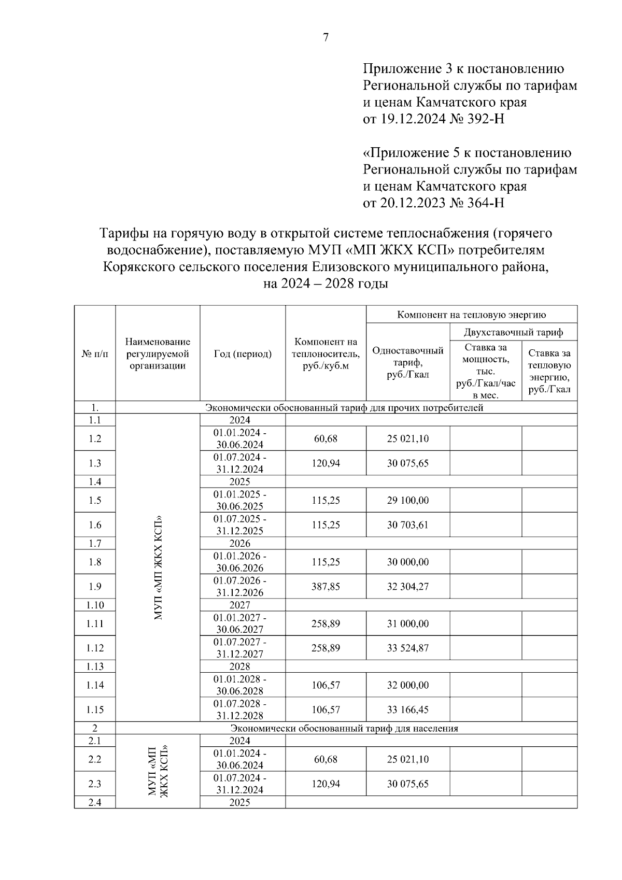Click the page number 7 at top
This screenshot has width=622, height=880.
(x=326, y=37)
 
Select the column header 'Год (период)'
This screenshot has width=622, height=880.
(x=243, y=354)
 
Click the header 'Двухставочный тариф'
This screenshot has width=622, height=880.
(x=513, y=332)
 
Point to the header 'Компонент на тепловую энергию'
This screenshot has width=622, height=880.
(x=471, y=315)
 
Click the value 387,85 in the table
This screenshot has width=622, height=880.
(x=326, y=586)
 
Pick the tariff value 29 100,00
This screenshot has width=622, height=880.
(x=407, y=500)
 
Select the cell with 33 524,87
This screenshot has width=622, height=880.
(x=407, y=648)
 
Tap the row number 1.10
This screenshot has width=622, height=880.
(x=95, y=605)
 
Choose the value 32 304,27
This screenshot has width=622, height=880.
(x=407, y=586)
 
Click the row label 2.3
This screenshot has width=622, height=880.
(x=95, y=784)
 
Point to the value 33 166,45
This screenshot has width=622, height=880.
(x=407, y=709)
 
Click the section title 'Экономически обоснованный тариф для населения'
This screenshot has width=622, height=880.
(x=344, y=728)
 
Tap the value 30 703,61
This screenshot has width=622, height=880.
(x=407, y=525)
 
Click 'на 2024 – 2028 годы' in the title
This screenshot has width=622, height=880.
(x=326, y=284)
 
